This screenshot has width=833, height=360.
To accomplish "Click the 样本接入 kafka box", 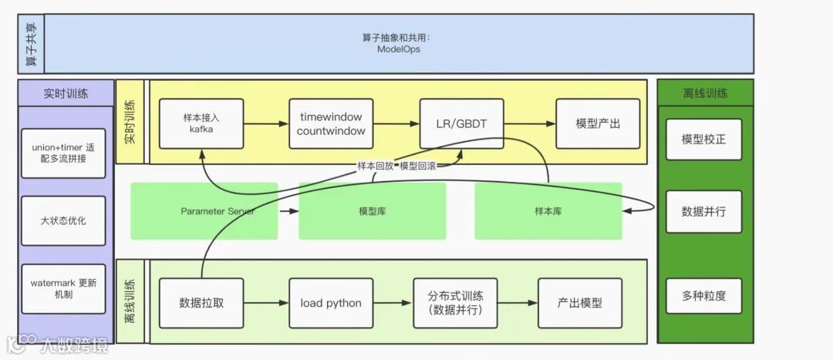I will [201, 123].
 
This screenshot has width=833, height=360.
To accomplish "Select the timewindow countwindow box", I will [331, 123].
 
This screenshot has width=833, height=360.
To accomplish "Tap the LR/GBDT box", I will [461, 123].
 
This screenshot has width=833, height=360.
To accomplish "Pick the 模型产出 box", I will [598, 123].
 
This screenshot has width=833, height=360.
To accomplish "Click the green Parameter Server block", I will [204, 210].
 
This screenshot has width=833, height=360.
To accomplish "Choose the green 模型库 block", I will [373, 210].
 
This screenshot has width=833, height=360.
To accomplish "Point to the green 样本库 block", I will [548, 210].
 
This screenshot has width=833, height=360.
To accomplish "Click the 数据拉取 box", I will [201, 303].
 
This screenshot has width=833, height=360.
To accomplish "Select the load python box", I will [331, 303].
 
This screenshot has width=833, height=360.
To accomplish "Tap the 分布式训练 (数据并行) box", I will [454, 303].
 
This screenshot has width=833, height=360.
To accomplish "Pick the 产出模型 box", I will [580, 303].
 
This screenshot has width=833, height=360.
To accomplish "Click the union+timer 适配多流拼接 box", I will [63, 153].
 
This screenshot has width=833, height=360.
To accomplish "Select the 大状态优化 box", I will [63, 220].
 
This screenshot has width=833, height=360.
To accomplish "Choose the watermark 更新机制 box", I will [63, 288].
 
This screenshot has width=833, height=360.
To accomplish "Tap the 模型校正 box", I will [703, 140].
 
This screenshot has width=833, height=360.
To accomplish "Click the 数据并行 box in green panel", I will [703, 211].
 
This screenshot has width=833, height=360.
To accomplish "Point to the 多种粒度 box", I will [703, 295].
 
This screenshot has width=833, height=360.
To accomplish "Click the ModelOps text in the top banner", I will [398, 49].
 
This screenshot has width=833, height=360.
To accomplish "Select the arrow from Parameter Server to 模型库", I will [288, 210].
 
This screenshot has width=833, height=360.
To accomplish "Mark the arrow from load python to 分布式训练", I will [393, 303].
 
